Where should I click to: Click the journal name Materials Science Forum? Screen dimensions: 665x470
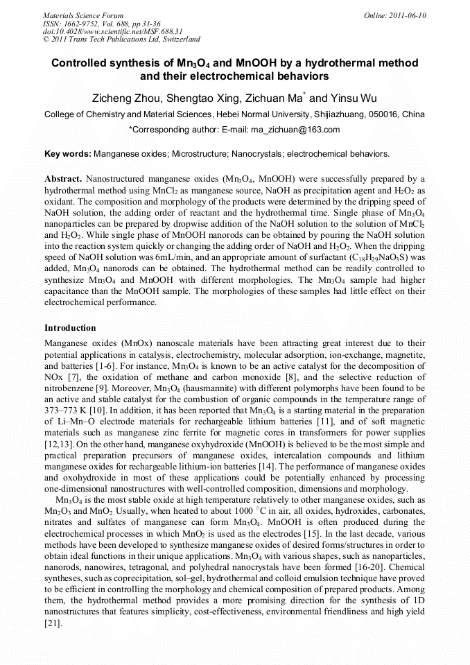coord(83,15)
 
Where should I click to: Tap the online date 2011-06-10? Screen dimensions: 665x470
coord(406,15)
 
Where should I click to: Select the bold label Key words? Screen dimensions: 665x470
coord(67,153)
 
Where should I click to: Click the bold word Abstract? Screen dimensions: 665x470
coord(63,178)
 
